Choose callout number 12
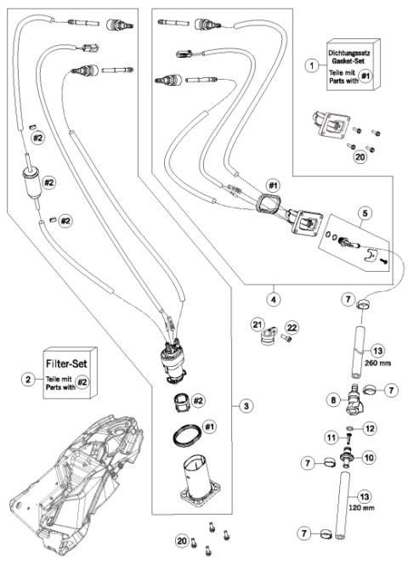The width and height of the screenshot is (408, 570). (x=368, y=429)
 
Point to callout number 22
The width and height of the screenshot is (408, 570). (x=292, y=327)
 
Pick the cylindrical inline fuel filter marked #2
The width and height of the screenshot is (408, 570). (x=31, y=181)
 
